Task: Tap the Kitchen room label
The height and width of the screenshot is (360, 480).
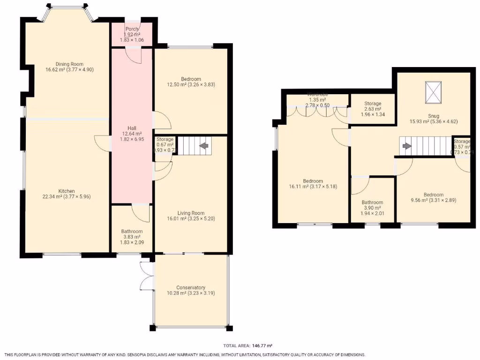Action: tap(66, 191)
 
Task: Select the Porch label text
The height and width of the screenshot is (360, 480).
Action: tap(132, 29)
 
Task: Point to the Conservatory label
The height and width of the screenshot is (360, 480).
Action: tap(191, 287)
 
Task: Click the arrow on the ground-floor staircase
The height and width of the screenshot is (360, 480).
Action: tap(204, 146)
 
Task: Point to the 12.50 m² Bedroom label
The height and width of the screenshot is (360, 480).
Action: tap(191, 79)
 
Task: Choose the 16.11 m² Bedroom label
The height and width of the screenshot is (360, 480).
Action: tap(313, 181)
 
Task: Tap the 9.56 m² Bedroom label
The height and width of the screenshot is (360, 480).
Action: tap(434, 195)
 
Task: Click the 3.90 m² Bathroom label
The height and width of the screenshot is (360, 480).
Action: tap(372, 202)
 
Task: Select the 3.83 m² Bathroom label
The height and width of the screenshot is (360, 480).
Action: tap(132, 231)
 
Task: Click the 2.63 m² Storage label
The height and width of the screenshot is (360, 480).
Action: tap(373, 104)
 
